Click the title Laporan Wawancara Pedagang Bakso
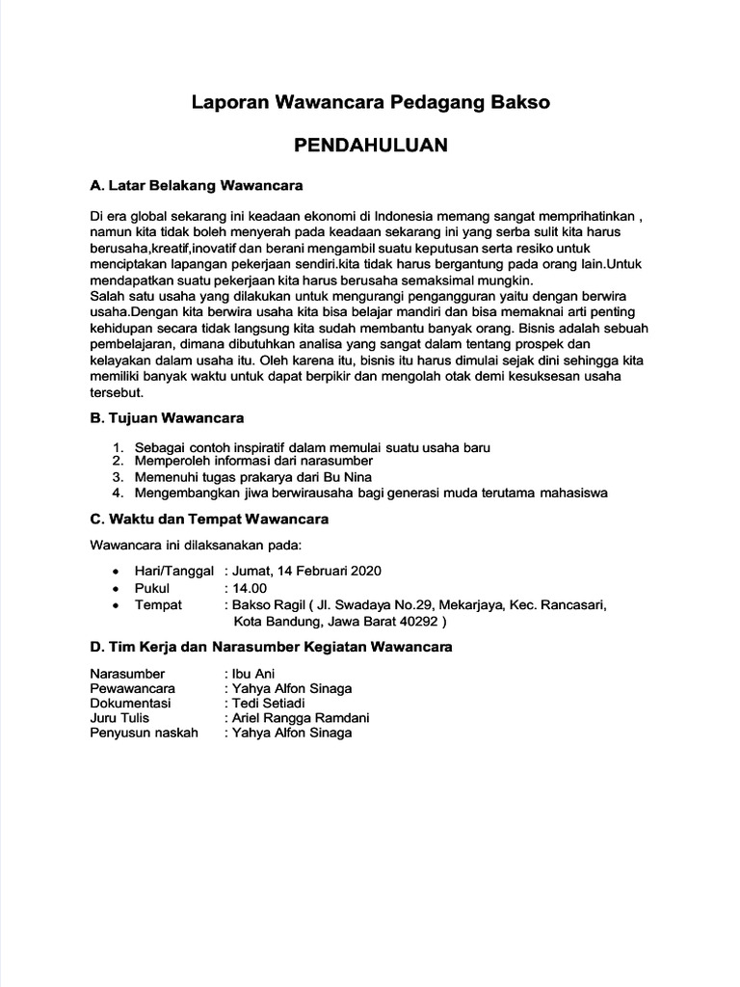pos(370,101)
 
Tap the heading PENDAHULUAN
pos(370,146)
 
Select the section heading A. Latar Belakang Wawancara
pos(197,184)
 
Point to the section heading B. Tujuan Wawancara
pos(167,418)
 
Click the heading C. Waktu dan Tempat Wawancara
pos(209,519)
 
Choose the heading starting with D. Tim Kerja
pos(271,647)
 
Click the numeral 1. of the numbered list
pos(118,448)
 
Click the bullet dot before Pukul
pos(117,588)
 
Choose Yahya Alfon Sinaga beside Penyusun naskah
pos(291,733)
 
